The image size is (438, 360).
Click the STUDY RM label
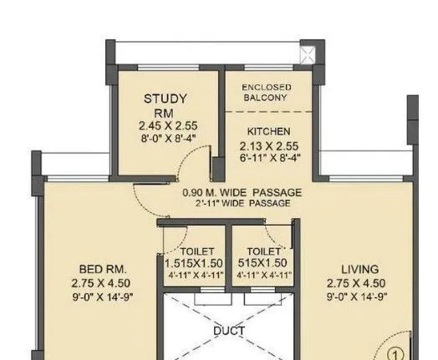tap(165, 105)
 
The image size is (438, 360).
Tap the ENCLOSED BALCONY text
tap(265, 93)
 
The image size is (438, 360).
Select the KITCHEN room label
tap(268, 131)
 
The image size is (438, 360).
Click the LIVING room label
tap(364, 269)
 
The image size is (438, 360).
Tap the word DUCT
tap(228, 331)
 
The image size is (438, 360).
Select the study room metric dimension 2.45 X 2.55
tap(165, 127)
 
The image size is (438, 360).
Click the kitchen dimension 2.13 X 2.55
tap(268, 145)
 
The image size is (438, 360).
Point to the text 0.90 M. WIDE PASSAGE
tap(242, 192)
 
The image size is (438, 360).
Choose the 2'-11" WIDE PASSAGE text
tap(242, 203)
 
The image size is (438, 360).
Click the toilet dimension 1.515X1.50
tap(196, 262)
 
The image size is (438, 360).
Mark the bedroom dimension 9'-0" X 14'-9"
tap(102, 296)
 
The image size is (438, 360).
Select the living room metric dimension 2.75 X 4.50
tap(364, 282)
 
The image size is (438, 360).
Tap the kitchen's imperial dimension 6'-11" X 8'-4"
tap(268, 157)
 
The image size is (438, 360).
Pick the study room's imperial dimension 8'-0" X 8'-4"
tap(165, 139)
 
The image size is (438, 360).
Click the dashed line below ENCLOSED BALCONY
tap(266, 110)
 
